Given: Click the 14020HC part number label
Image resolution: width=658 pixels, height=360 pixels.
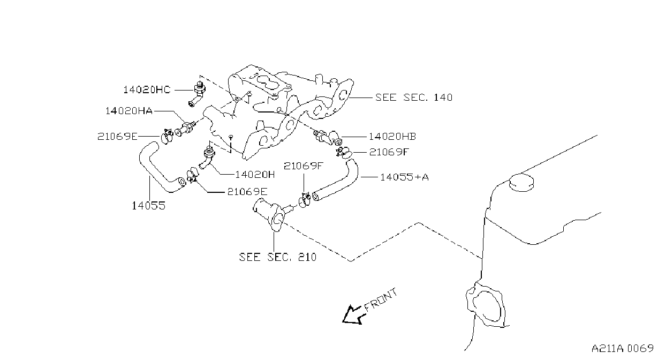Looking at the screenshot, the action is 147,89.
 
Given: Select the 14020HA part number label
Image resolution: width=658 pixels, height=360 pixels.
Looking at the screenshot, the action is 129,111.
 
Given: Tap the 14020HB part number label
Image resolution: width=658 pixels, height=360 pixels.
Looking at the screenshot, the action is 392,137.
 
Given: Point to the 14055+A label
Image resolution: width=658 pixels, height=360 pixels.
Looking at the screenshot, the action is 405,177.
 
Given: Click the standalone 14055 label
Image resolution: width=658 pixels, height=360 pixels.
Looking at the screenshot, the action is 149,205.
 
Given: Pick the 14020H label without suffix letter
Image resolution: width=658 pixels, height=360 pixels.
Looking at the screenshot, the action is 255,175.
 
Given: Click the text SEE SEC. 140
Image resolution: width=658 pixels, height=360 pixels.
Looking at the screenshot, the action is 414,97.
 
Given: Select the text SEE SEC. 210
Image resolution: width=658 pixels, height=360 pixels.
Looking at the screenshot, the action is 277,257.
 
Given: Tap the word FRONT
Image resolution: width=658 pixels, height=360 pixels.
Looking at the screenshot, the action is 381,299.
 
